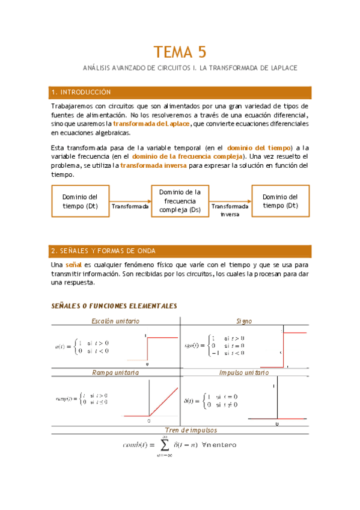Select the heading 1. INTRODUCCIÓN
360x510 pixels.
point(82,92)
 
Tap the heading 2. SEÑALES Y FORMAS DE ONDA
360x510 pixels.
point(103,251)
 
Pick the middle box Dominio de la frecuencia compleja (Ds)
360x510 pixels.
point(179,201)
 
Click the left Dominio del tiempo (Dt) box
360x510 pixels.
point(79,201)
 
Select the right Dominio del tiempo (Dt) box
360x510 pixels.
point(280,201)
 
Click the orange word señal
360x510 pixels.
point(73,265)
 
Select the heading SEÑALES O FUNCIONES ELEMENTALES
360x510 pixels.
point(114,306)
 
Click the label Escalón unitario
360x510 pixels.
point(115,322)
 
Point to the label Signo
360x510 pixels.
point(244,322)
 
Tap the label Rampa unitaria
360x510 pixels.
point(115,373)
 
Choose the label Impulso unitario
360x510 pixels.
point(244,373)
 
